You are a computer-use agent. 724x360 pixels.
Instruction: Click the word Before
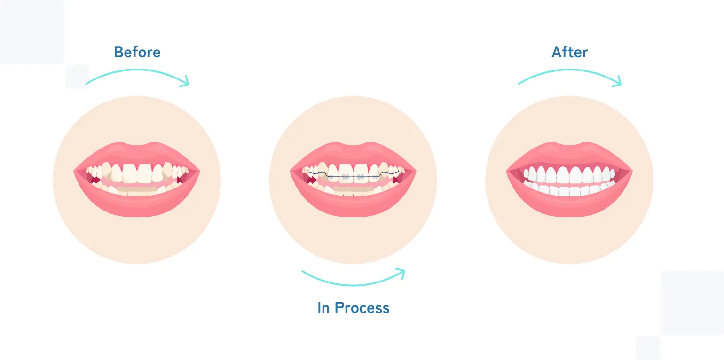pyautogui.click(x=137, y=52)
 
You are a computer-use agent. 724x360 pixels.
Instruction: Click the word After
pyautogui.click(x=570, y=52)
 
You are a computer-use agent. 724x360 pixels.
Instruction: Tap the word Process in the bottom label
pyautogui.click(x=362, y=308)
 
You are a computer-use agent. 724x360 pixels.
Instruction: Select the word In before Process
pyautogui.click(x=323, y=308)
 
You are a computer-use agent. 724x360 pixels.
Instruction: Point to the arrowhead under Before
pyautogui.click(x=185, y=81)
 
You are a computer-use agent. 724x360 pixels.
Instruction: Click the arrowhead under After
pyautogui.click(x=617, y=81)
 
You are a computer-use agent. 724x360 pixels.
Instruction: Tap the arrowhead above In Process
pyautogui.click(x=401, y=274)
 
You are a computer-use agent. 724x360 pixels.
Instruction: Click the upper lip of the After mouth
pyautogui.click(x=569, y=154)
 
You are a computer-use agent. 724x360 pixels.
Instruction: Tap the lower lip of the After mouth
pyautogui.click(x=569, y=203)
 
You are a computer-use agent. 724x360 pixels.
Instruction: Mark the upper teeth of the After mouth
pyautogui.click(x=569, y=174)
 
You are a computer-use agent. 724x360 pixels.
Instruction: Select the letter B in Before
pyautogui.click(x=118, y=52)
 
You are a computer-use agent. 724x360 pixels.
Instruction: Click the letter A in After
pyautogui.click(x=557, y=52)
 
